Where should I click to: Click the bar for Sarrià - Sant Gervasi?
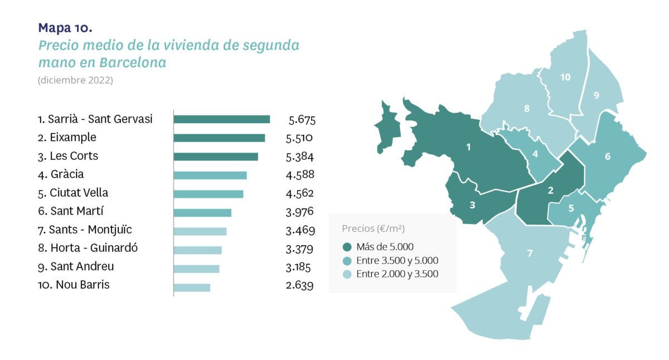tap(221, 119)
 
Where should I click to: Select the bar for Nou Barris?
tap(192, 288)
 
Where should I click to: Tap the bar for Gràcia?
tap(210, 176)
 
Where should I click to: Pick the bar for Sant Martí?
tap(202, 213)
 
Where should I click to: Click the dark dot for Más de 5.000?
tap(347, 247)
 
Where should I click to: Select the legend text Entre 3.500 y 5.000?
tap(397, 260)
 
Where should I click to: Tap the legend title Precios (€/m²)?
tap(373, 228)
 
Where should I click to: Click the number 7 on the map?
tap(530, 254)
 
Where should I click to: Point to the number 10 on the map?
tap(565, 77)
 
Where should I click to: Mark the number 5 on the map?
tap(571, 208)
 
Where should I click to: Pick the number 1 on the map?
tap(468, 147)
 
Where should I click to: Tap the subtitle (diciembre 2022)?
tap(75, 80)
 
